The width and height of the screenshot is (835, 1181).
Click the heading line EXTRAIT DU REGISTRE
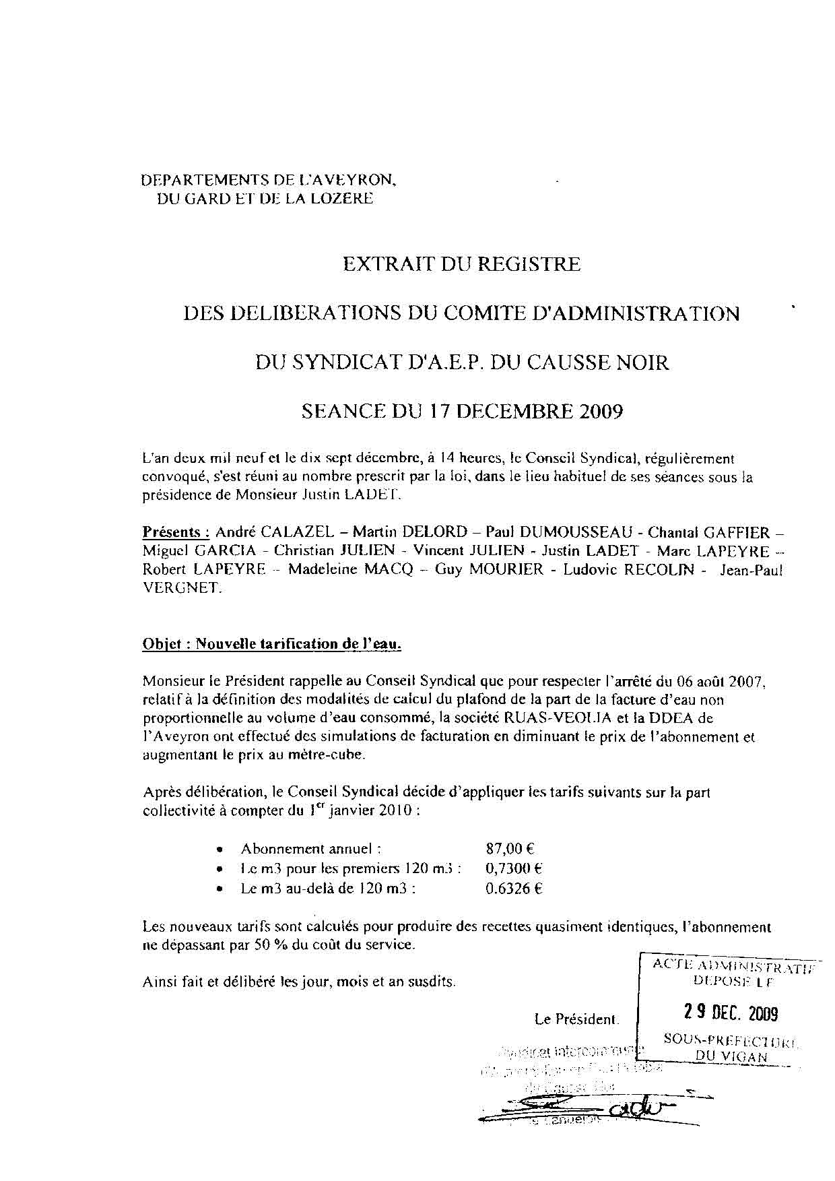(x=461, y=263)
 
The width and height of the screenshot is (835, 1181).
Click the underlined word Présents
(x=171, y=532)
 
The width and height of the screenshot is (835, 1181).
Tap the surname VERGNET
(x=180, y=587)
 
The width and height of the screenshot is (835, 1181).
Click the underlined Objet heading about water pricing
(x=272, y=644)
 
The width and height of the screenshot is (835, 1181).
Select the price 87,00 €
(x=510, y=850)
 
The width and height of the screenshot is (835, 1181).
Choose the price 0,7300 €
(x=514, y=869)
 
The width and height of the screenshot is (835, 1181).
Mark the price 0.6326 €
(x=514, y=888)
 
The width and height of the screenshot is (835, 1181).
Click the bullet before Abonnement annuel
(x=220, y=850)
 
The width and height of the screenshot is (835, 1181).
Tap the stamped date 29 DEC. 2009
(x=731, y=1013)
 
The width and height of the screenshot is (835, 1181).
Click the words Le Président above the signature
(x=576, y=1019)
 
